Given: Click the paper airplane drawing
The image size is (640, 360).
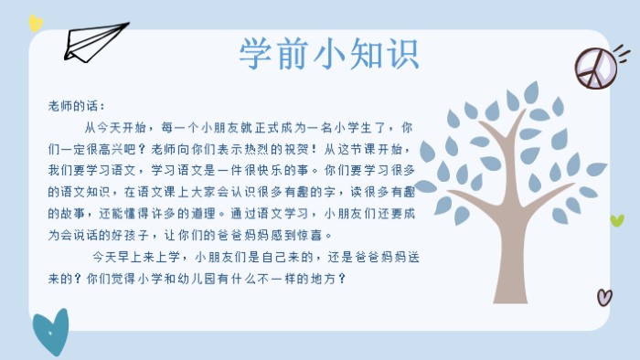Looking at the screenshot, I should pyautogui.click(x=91, y=42).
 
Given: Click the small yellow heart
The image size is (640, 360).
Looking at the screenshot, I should pyautogui.click(x=35, y=23).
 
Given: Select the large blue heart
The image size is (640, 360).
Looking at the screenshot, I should pyautogui.click(x=50, y=331).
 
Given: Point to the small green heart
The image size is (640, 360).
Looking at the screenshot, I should pyautogui.click(x=617, y=220).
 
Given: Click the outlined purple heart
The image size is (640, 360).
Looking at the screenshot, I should pyautogui.click(x=603, y=296).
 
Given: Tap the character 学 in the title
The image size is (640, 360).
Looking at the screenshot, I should pyautogui.click(x=255, y=52).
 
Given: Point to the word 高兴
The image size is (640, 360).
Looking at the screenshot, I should pyautogui.click(x=123, y=149).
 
